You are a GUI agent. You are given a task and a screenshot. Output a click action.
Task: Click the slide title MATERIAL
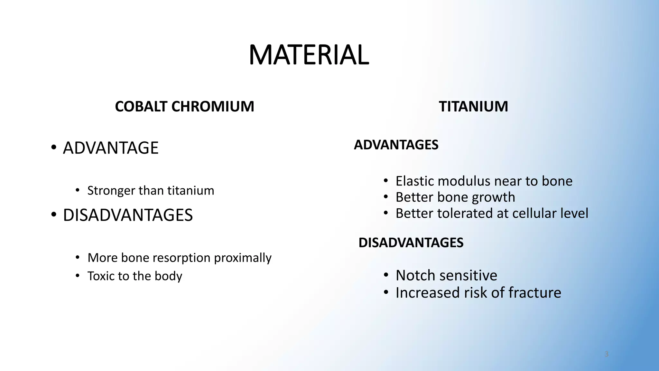point(309,55)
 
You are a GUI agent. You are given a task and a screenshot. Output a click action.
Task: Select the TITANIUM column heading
point(473,107)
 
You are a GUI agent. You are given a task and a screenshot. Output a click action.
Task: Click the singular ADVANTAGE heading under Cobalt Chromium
point(111,148)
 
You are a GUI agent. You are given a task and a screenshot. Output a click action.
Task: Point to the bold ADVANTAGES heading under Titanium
point(396,145)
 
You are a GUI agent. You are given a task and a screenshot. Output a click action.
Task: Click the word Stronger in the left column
point(111,191)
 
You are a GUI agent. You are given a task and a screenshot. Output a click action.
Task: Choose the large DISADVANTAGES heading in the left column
point(128,215)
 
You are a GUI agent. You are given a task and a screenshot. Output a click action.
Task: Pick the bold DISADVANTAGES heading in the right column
point(411,243)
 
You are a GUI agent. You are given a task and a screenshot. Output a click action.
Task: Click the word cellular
point(534,213)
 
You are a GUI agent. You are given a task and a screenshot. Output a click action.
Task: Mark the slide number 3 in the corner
point(607,354)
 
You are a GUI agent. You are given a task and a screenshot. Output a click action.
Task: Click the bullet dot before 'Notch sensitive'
point(386,275)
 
